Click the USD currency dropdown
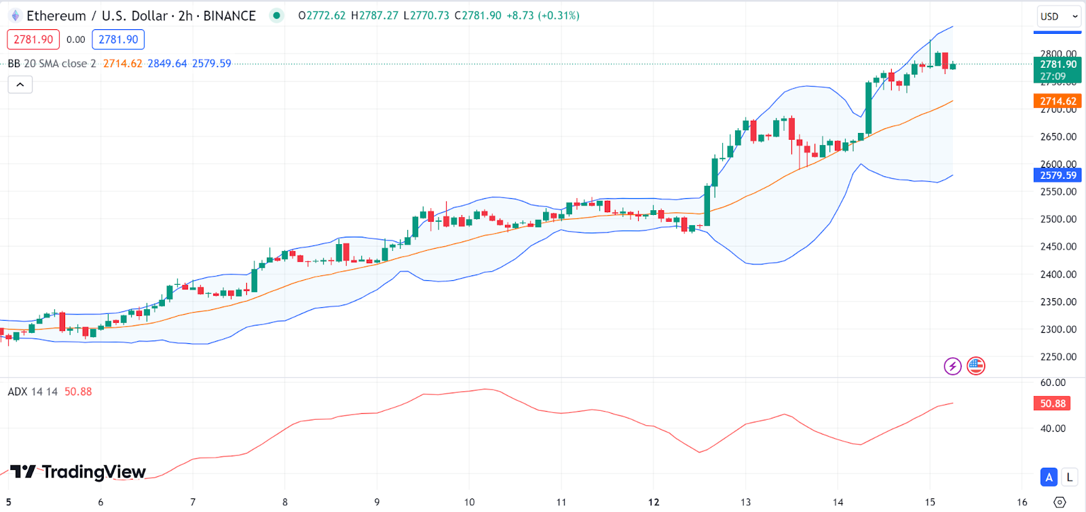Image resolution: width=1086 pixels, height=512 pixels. pos(1057,16)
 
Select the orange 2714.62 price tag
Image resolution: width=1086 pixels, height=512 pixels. pos(1057,101)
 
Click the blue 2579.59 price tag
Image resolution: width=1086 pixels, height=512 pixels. pos(1057,176)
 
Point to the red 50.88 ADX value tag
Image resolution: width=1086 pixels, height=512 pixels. pos(1053,403)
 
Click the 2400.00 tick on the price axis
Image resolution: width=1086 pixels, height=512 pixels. pos(1058,274)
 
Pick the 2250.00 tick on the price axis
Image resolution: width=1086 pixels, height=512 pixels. pos(1058,357)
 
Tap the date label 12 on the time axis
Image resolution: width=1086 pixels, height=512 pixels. pos(654,503)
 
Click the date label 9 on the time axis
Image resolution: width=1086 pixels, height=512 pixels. pos(377,503)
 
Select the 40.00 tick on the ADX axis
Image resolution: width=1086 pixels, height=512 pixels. pos(1053,429)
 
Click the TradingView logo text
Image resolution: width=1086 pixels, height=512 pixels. pos(79,472)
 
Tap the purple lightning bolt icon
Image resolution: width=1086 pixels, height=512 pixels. pos(952,366)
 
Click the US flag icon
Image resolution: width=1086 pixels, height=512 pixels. pos(976,366)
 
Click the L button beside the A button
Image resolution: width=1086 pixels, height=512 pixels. pos(1070,477)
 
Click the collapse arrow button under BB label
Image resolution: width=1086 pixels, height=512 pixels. pos(20,85)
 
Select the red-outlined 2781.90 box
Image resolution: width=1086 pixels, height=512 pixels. pos(33,39)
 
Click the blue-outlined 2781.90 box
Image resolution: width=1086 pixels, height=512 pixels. pos(118,39)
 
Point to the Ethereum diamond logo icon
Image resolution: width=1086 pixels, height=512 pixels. pos(15,16)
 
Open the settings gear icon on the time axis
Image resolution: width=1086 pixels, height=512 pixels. pos(1060,503)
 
